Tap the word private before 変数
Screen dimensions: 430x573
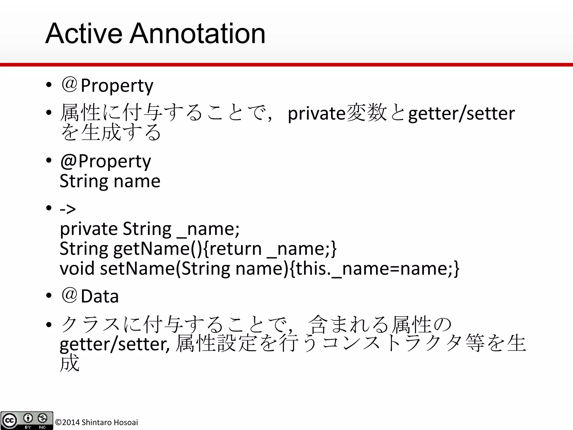point(316,113)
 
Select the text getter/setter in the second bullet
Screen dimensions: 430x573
point(461,113)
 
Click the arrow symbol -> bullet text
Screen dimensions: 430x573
point(68,209)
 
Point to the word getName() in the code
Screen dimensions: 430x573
point(157,249)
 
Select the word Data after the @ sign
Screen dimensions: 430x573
point(100,296)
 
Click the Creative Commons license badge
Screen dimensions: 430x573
point(27,420)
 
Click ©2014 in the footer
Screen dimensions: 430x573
point(67,422)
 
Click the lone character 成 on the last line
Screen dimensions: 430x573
point(70,363)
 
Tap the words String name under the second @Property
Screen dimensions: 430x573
point(110,181)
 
